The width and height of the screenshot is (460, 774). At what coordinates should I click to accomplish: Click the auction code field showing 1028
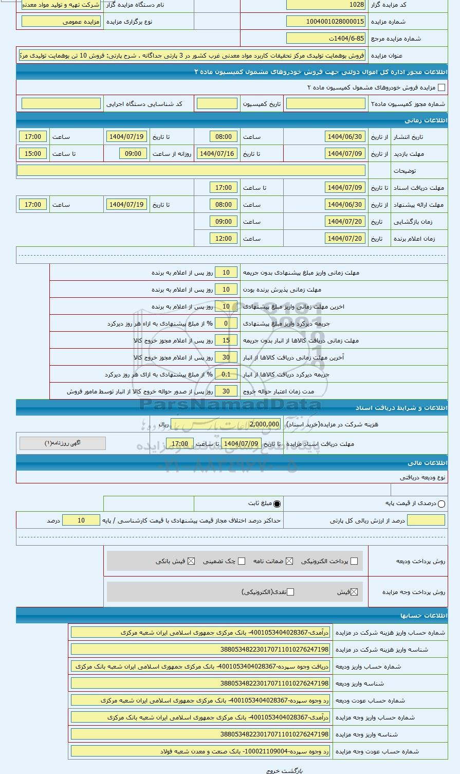(326, 5)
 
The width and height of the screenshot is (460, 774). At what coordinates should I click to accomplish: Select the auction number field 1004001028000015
(326, 22)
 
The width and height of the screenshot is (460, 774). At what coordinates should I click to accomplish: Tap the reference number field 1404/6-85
(326, 39)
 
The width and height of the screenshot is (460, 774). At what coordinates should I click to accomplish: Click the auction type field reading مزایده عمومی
(61, 22)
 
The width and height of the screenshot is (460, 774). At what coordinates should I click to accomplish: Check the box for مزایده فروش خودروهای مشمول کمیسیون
(441, 88)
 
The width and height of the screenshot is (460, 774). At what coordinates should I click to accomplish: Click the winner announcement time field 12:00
(224, 239)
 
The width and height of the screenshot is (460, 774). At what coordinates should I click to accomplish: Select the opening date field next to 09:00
(345, 222)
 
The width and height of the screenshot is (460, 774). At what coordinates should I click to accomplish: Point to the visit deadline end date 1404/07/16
(217, 154)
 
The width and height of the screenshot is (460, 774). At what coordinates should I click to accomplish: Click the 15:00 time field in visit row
(33, 154)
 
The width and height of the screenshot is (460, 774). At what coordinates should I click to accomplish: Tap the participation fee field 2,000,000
(264, 425)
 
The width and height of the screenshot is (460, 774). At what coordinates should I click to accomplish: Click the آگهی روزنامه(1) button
(63, 443)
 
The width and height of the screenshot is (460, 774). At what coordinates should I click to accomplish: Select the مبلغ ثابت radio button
(277, 504)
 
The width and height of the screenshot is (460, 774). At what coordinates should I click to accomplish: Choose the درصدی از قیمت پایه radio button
(441, 504)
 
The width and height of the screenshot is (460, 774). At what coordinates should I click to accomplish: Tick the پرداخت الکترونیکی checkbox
(354, 561)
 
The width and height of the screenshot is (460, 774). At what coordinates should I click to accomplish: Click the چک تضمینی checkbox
(242, 561)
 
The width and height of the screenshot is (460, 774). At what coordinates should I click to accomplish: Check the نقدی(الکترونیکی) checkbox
(290, 592)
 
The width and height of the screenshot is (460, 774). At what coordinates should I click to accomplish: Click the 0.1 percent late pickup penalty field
(226, 374)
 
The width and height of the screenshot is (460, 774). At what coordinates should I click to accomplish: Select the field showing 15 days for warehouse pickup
(226, 340)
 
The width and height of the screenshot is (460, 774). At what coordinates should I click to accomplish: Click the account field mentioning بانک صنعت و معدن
(200, 751)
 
